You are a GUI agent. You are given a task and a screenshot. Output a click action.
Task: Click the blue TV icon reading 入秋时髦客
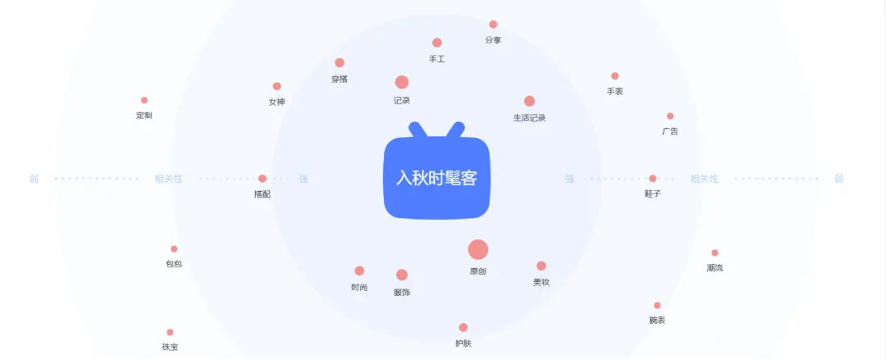[x=436, y=176]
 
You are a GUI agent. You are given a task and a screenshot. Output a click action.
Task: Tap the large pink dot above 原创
[x=478, y=250]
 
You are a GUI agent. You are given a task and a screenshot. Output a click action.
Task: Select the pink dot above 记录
[x=402, y=82]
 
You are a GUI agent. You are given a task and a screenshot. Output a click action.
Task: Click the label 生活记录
[x=529, y=117]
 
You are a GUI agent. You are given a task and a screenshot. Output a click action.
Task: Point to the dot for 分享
[x=493, y=25]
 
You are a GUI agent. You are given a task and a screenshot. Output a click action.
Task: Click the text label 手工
[x=436, y=59]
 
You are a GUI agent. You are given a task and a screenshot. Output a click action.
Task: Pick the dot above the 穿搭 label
[x=340, y=63]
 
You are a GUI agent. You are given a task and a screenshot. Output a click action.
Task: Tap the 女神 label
[x=276, y=102]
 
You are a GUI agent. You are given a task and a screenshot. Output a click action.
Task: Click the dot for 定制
[x=144, y=100]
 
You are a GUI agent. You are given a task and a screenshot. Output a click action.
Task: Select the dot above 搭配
[x=263, y=179]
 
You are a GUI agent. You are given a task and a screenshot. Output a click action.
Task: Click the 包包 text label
[x=174, y=264]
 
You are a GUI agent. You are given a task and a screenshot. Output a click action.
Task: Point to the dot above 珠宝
[x=170, y=332]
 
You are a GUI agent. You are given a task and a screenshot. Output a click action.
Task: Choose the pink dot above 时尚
[x=359, y=271]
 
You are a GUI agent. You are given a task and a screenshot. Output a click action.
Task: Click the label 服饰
[x=402, y=292]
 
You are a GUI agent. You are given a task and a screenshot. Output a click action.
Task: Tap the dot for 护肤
[x=464, y=327]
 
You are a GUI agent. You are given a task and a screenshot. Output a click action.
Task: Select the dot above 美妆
[x=541, y=266]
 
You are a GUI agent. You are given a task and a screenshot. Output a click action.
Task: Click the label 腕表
[x=657, y=320]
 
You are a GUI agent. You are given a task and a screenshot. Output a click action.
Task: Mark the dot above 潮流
[x=715, y=253]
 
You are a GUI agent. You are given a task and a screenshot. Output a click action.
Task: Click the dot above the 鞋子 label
[x=653, y=179]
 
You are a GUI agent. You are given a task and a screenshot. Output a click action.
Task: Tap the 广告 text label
[x=670, y=131]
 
